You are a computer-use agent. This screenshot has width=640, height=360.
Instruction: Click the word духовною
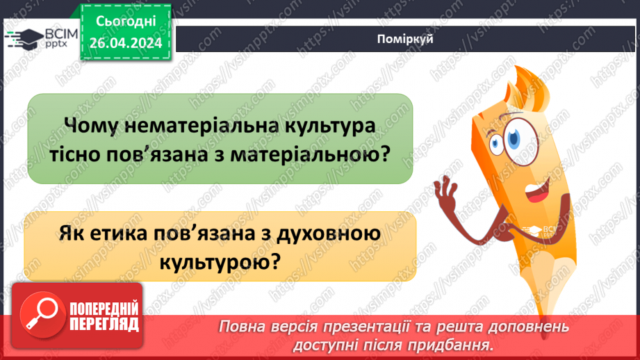(332, 235)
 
